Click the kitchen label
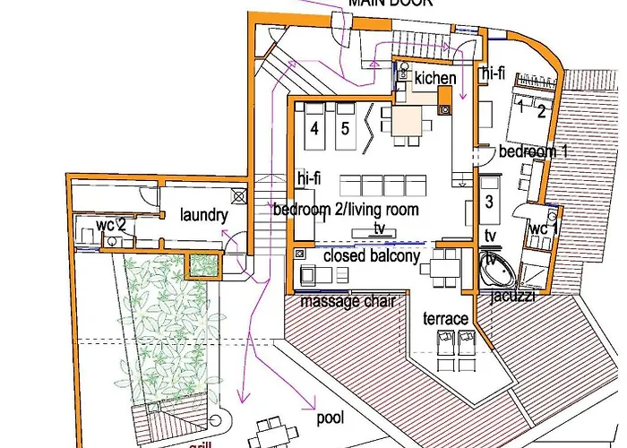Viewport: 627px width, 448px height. [434, 78]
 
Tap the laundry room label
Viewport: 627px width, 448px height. [204, 215]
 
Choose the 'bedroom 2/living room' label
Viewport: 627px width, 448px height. [346, 210]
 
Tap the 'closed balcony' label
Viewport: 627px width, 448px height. [371, 256]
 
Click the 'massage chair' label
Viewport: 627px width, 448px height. [348, 301]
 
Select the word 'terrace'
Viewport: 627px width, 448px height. [446, 319]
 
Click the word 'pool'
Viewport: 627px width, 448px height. [331, 418]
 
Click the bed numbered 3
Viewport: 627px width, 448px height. [488, 202]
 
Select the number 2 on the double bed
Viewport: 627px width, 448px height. [540, 112]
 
